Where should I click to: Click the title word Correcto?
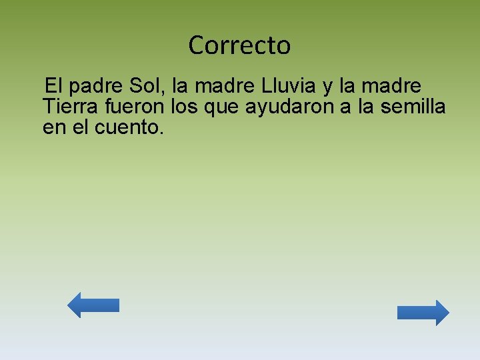tap(239, 45)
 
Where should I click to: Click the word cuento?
tap(127, 127)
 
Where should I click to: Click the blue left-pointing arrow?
tap(93, 305)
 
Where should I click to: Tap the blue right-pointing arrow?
tap(423, 313)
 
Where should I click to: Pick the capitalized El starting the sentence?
tap(54, 86)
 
